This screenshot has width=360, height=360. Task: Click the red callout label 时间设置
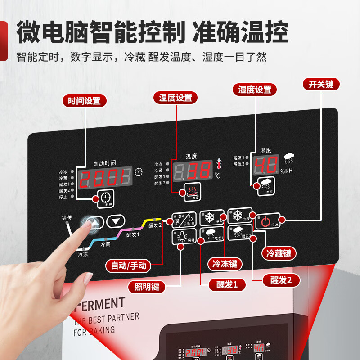(84, 101)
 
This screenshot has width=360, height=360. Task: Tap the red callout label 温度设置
(175, 98)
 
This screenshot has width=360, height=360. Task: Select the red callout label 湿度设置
(255, 90)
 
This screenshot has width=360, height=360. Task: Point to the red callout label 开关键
(321, 84)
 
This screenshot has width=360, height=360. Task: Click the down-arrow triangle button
(116, 221)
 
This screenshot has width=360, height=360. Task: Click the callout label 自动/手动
(129, 265)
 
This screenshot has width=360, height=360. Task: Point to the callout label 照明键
(147, 286)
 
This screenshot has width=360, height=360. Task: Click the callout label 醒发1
(224, 284)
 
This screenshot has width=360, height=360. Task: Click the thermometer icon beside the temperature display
(219, 164)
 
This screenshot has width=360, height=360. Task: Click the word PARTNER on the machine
(121, 318)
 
